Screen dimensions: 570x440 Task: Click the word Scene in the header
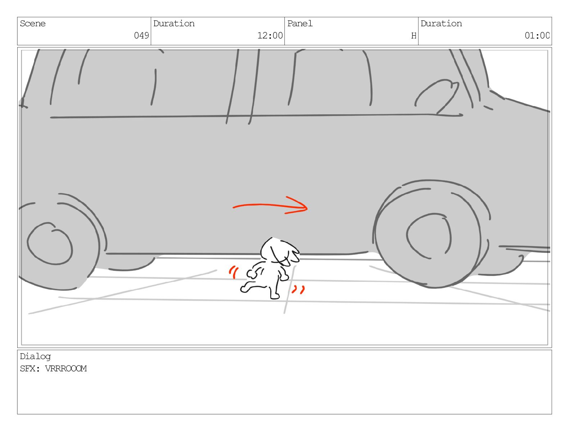point(32,24)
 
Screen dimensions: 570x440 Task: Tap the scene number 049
point(141,35)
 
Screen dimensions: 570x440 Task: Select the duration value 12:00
point(270,35)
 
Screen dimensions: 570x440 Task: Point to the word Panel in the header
point(300,24)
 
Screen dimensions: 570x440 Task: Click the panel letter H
point(414,36)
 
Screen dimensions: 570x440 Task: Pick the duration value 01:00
point(537,35)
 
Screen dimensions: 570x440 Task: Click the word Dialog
point(35,357)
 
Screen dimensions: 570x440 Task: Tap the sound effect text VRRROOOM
point(66,369)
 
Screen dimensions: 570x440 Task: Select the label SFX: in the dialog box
point(30,369)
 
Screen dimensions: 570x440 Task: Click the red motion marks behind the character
point(234,272)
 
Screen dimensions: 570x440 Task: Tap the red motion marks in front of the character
point(299,290)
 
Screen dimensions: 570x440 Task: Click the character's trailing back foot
point(244,289)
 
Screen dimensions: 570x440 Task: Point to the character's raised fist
point(252,274)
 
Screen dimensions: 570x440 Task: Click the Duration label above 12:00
point(174,24)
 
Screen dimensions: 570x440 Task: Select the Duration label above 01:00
point(441,24)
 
